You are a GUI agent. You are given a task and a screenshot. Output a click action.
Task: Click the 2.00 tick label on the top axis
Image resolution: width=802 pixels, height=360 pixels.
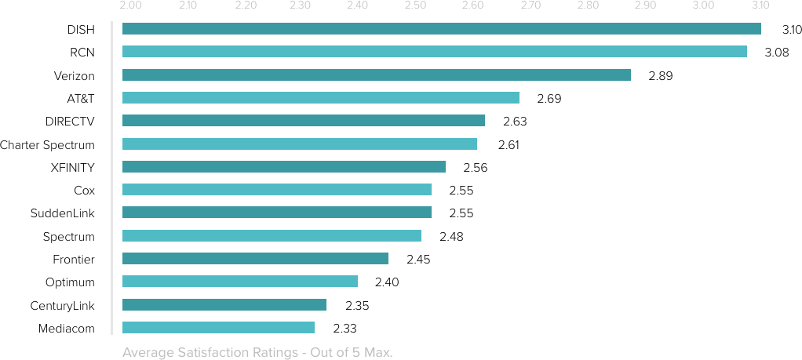click(130, 6)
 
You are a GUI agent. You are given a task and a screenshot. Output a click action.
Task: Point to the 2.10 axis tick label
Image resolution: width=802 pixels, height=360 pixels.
click(188, 6)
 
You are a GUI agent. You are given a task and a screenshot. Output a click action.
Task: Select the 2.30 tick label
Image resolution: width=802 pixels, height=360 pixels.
click(300, 6)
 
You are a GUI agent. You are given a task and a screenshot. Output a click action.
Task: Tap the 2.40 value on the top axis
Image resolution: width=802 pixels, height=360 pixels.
click(357, 6)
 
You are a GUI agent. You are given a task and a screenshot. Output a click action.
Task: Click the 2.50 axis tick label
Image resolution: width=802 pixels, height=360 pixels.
click(414, 6)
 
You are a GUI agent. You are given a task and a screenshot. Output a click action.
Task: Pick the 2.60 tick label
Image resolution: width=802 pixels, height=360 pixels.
click(472, 6)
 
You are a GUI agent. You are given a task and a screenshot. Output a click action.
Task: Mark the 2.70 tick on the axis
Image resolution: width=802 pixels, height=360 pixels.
click(530, 6)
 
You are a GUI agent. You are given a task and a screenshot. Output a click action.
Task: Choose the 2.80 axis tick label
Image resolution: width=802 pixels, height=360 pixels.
click(588, 6)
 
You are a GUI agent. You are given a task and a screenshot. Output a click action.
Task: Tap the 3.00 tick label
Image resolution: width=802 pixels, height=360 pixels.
click(703, 6)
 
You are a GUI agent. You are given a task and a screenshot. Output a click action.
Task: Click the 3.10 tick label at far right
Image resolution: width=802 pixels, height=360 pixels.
click(760, 6)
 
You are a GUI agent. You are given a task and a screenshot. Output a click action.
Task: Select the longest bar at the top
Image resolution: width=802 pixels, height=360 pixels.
click(441, 29)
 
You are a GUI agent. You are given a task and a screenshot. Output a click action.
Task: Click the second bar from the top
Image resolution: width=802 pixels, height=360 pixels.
click(434, 52)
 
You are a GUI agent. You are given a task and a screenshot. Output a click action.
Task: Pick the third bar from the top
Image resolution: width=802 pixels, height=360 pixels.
click(376, 75)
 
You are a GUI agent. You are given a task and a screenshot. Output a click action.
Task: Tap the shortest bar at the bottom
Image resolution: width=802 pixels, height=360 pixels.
click(218, 327)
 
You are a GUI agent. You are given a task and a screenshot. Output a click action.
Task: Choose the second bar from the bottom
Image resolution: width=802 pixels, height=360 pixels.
click(224, 304)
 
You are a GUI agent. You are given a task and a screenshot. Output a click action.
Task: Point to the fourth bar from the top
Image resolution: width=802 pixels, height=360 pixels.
click(320, 97)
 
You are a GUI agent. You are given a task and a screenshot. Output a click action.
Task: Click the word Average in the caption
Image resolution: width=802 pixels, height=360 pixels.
click(146, 353)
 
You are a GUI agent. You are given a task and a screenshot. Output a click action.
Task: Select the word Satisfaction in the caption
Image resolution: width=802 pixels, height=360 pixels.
click(206, 353)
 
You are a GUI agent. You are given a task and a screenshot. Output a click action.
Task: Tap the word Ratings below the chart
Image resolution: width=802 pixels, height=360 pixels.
click(269, 353)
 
